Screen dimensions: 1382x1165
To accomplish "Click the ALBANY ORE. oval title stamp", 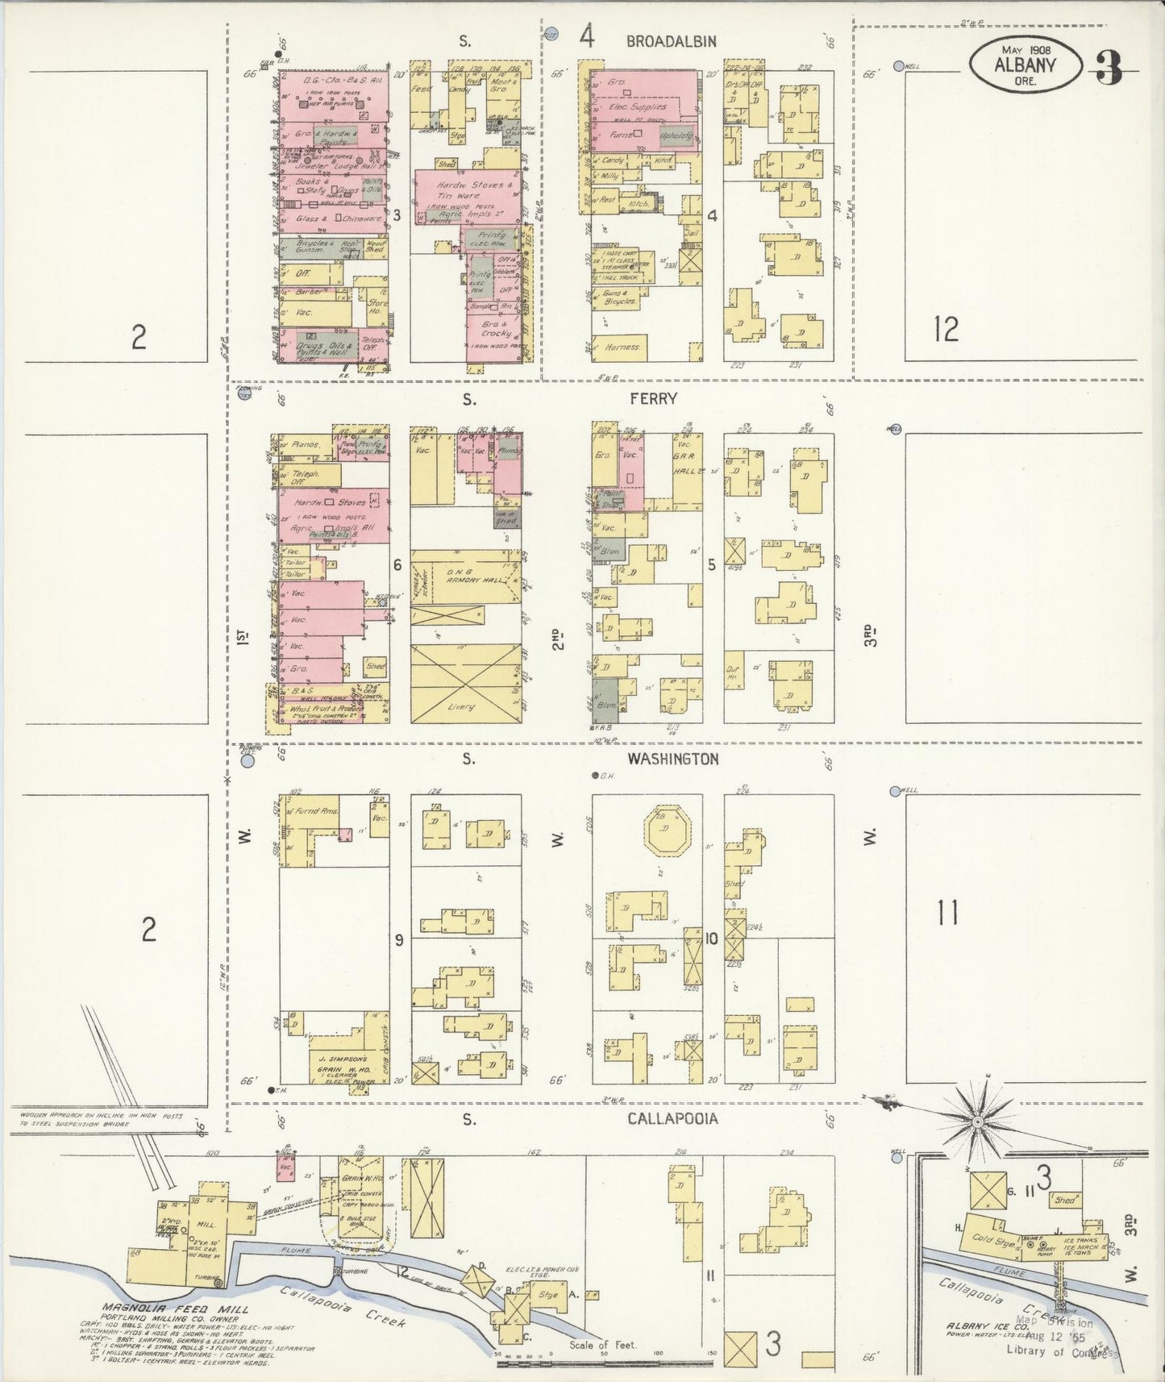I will (x=1025, y=65).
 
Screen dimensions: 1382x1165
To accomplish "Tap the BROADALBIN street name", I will (x=671, y=41).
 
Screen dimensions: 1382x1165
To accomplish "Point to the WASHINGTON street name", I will (x=672, y=759).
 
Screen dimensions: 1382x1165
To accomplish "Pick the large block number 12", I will (x=946, y=329).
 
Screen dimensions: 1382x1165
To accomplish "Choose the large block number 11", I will (x=947, y=914).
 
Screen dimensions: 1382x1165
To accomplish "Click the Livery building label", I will (x=460, y=706).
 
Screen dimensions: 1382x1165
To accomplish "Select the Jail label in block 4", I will (x=690, y=232).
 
